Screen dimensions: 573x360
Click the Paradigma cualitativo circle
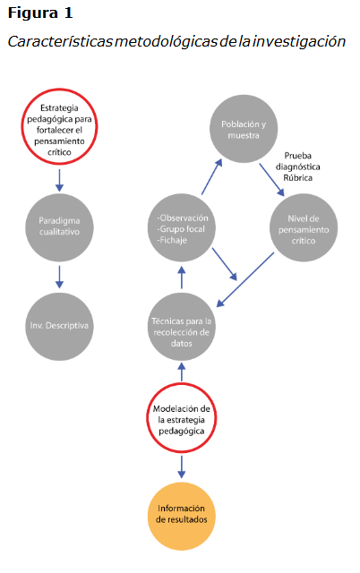[59, 225]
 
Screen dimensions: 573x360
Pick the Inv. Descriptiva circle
[59, 324]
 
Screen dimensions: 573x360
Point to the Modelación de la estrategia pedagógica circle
[182, 419]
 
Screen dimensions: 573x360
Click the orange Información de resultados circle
[182, 515]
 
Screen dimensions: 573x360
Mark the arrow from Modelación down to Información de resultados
[182, 466]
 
